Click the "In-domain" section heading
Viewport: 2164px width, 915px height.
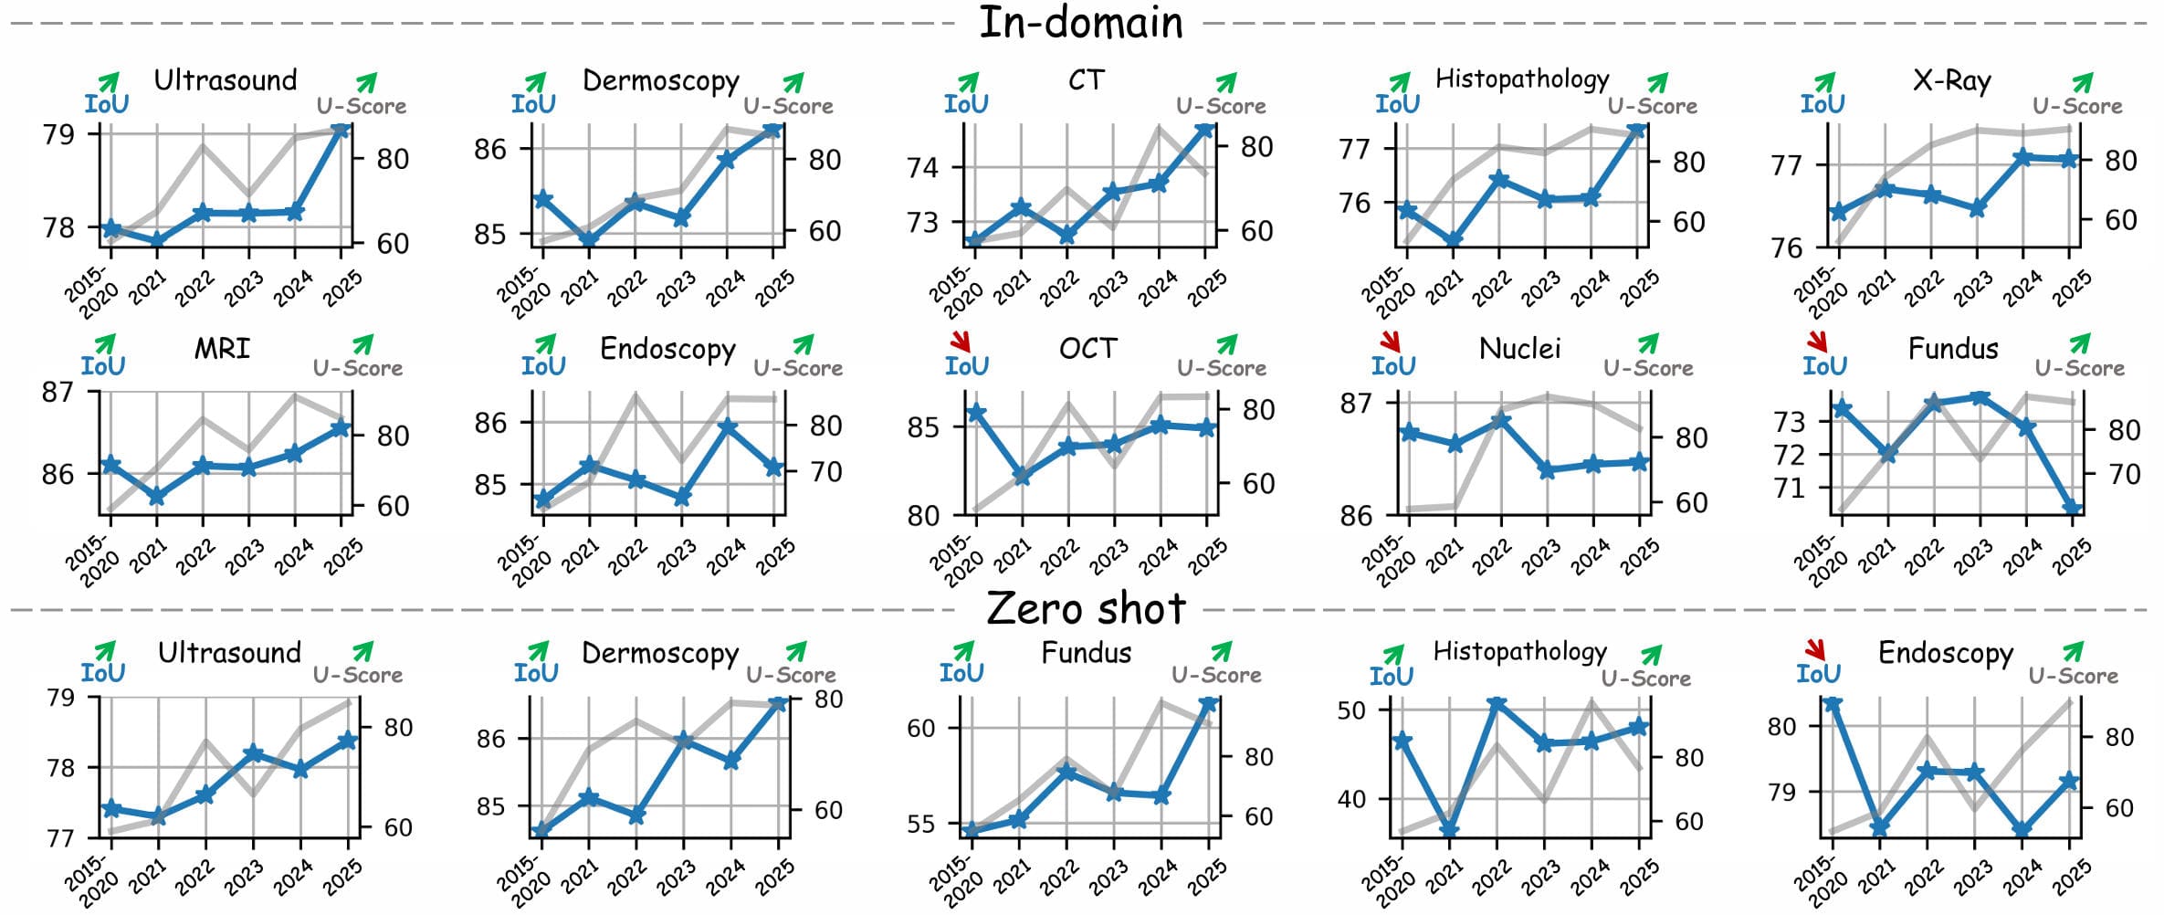1080,23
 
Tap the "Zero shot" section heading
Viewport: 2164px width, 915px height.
1086,609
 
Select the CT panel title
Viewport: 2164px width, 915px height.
1086,80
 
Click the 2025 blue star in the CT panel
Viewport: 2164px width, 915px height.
1205,130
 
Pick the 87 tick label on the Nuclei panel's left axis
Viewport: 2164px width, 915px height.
1355,403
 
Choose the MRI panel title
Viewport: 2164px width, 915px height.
222,349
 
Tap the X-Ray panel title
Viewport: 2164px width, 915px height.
1951,81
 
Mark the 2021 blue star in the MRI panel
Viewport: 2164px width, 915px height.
157,497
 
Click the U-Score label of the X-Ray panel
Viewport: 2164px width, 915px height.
2077,106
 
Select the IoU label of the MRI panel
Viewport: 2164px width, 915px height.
102,366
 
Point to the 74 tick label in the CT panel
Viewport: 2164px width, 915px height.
922,167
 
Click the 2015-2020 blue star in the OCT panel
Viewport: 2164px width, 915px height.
976,413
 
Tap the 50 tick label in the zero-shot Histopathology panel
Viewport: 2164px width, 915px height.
1351,710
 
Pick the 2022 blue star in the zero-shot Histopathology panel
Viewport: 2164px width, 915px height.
1496,704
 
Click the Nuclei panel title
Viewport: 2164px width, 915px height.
1519,349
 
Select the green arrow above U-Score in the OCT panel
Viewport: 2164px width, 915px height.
1227,344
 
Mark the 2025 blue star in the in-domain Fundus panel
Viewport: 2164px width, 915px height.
2073,509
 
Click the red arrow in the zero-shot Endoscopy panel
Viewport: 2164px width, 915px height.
1814,649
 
